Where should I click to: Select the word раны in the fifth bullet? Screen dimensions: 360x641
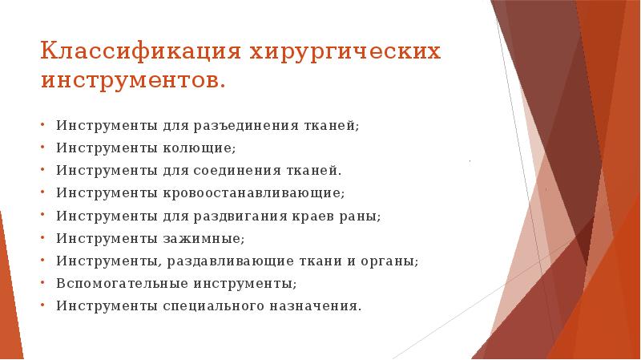pos(362,216)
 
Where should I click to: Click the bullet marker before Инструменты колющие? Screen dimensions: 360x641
pos(42,149)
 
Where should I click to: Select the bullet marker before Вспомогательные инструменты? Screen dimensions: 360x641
pos(42,284)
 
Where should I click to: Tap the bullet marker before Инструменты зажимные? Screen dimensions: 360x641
pos(42,239)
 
